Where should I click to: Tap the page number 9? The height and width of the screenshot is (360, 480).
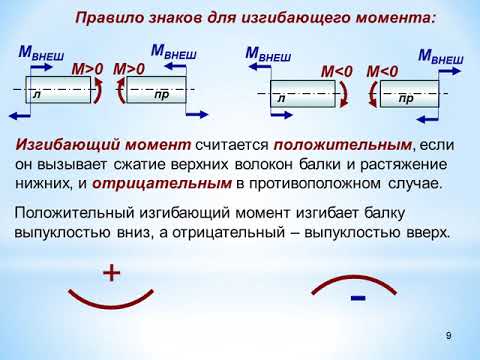(449, 334)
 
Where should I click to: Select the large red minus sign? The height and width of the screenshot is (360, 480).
(358, 299)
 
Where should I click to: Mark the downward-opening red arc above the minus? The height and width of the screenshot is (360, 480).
(357, 280)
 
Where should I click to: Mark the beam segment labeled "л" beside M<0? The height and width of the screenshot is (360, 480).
(300, 94)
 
